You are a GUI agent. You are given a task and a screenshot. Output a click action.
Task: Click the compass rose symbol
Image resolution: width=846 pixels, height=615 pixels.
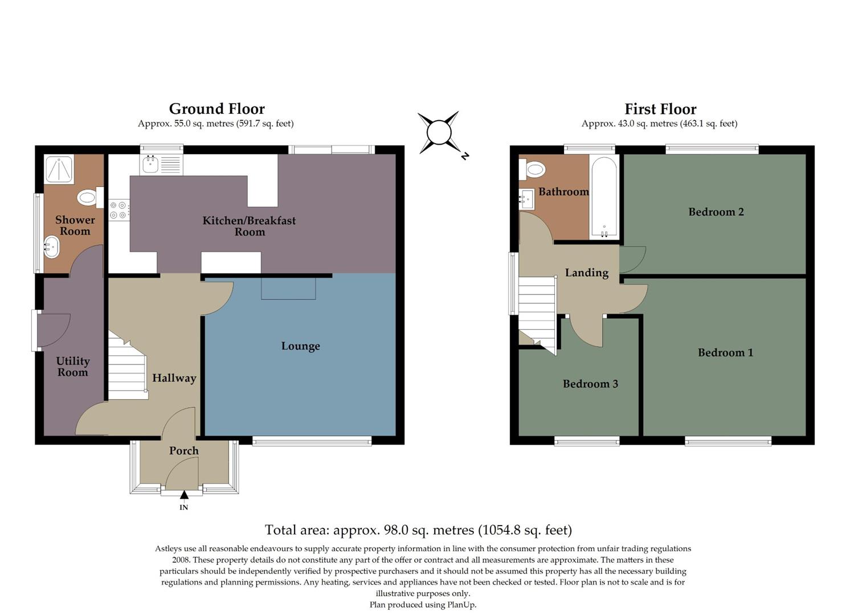(439, 133)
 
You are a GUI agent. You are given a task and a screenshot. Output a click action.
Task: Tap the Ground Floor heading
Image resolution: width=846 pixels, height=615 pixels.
(216, 109)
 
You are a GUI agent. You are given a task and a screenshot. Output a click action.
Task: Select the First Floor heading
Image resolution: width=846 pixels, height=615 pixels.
(660, 109)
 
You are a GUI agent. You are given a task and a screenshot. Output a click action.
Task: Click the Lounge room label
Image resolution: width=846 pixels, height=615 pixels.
(300, 346)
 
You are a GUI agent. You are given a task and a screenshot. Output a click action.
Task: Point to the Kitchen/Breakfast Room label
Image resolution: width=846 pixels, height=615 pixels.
(249, 226)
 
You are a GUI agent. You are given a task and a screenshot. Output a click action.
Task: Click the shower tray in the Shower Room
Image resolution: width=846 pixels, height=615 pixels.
(59, 169)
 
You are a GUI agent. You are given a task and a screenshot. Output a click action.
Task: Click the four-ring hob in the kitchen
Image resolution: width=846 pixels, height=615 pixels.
(118, 210)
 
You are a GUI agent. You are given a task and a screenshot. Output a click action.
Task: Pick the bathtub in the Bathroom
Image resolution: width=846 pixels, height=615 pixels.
(604, 197)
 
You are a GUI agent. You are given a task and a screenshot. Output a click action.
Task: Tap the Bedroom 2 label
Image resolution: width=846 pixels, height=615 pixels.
(716, 212)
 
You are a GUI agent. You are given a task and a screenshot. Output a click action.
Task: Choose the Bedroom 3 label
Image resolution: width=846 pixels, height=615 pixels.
(590, 384)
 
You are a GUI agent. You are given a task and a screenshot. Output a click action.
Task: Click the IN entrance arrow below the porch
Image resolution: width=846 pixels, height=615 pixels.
(183, 495)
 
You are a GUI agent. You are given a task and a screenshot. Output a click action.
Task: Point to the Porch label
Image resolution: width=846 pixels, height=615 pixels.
(183, 450)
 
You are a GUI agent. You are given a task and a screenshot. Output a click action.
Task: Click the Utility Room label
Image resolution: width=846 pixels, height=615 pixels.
(72, 367)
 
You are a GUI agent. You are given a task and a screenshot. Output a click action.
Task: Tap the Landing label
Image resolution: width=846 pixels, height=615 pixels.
(586, 273)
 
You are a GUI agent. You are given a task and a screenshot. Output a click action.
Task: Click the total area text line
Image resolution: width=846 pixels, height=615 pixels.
(418, 530)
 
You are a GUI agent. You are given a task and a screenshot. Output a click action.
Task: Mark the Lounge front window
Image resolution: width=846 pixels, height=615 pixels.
(312, 440)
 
